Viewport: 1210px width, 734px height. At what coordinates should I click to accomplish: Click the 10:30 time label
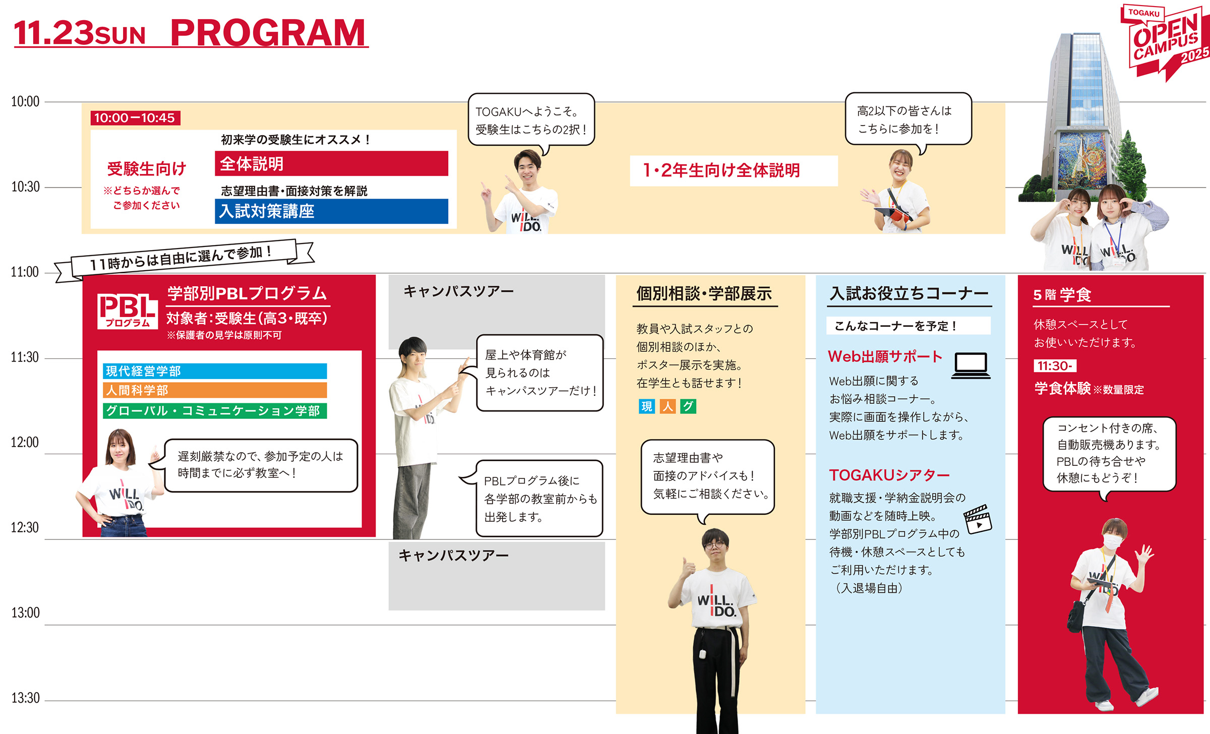[x=25, y=187]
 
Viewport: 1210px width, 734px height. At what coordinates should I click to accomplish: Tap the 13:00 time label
[x=25, y=613]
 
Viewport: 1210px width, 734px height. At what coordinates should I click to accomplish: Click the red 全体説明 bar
[x=331, y=164]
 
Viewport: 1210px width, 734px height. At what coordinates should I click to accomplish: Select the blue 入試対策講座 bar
[x=331, y=211]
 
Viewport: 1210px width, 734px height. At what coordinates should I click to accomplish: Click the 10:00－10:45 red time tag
[x=135, y=118]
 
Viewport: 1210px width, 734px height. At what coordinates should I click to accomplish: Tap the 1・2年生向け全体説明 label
[x=721, y=171]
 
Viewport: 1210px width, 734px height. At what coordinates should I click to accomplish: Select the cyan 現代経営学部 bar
[x=215, y=371]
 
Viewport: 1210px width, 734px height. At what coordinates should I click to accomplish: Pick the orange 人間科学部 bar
[x=215, y=390]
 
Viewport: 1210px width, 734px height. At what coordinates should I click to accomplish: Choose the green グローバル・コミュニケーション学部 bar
[x=215, y=411]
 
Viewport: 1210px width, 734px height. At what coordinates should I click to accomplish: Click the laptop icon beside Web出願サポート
[x=971, y=365]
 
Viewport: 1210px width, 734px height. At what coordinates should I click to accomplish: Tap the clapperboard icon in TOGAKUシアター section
[x=978, y=519]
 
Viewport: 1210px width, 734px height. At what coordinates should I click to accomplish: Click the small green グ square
[x=688, y=406]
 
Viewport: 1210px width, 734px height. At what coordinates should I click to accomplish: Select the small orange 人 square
[x=668, y=406]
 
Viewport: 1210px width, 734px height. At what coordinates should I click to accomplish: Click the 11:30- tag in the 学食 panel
[x=1054, y=366]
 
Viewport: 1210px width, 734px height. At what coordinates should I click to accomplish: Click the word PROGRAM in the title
[x=268, y=33]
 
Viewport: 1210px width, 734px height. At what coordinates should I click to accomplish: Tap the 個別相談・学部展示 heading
[x=704, y=293]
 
